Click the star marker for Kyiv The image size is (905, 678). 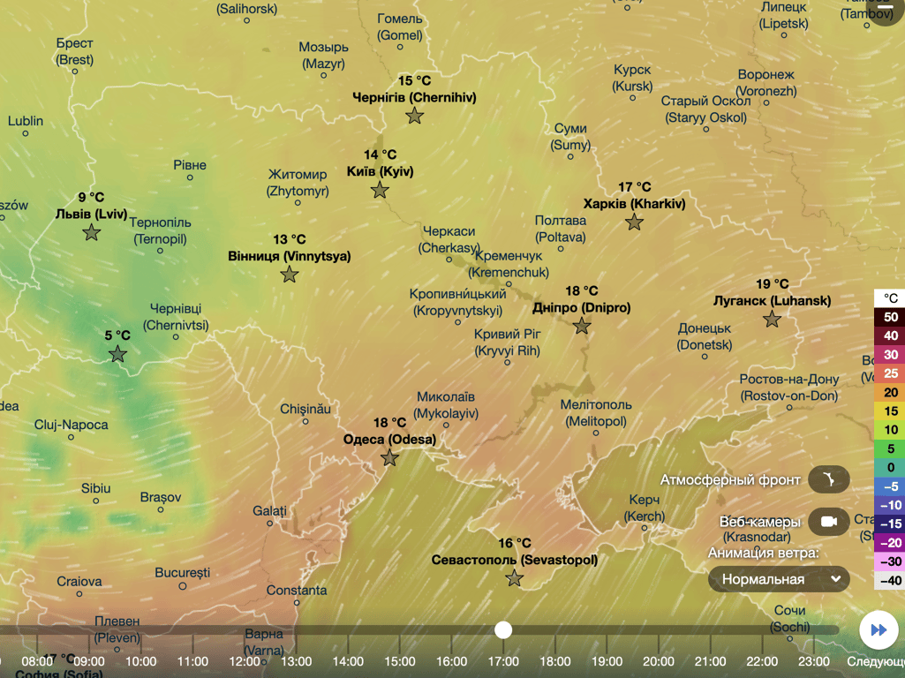380,190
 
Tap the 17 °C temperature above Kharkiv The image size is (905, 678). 634,187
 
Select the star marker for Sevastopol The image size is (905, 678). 515,578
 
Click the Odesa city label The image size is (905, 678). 389,439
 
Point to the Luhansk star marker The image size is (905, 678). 773,319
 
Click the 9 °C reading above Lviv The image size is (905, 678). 91,198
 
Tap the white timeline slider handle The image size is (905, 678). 503,629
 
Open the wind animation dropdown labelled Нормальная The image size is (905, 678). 779,579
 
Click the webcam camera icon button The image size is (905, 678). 828,522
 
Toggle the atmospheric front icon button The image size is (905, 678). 828,480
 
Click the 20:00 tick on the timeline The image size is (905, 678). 659,661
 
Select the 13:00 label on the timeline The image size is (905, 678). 297,661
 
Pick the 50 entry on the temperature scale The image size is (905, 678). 890,317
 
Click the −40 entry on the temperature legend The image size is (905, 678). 889,580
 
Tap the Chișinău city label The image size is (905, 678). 305,410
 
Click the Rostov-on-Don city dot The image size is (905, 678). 790,409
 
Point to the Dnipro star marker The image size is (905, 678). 581,326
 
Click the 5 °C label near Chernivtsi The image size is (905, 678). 117,335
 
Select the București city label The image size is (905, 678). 182,573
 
